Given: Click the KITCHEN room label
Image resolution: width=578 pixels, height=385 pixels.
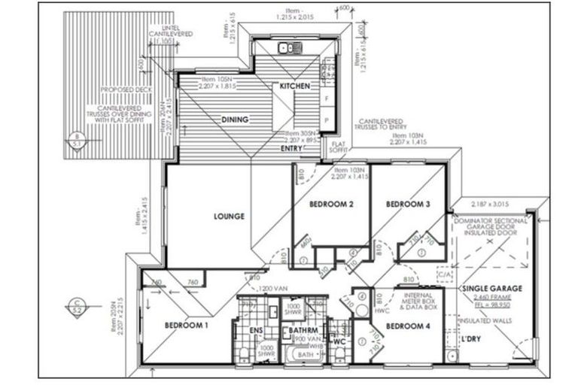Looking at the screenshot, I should [294, 86].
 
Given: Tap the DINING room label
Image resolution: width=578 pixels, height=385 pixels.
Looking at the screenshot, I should [235, 119].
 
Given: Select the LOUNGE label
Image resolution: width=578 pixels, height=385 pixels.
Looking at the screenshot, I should [229, 217].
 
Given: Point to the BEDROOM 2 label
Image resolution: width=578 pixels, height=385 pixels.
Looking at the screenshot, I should [330, 204].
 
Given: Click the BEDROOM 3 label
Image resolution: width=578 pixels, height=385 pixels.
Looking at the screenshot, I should [408, 204].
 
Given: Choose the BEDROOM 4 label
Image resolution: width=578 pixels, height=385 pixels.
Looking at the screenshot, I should [407, 326].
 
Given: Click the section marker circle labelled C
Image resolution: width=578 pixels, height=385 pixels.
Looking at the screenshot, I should [75, 305].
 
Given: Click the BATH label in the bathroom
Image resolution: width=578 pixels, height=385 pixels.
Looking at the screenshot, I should [304, 354].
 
